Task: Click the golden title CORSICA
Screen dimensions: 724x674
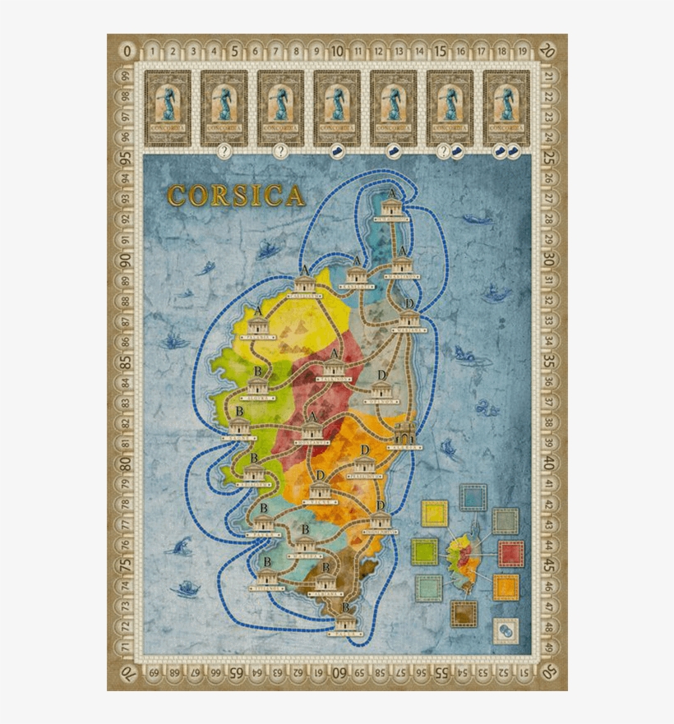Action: (236, 195)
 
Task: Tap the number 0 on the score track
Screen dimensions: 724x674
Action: (126, 51)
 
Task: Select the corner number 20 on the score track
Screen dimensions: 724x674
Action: (549, 51)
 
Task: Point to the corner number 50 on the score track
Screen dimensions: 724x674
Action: (549, 671)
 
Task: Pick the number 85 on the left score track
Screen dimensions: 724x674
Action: (126, 361)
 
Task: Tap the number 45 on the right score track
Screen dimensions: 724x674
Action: (549, 566)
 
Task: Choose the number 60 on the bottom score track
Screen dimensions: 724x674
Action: (337, 671)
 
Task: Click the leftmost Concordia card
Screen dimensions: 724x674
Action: (168, 107)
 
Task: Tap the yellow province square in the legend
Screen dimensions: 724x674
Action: (433, 514)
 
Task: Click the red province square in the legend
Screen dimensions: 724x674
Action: (510, 553)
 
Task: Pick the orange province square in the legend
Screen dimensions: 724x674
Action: (505, 588)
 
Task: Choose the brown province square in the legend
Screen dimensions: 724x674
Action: (464, 612)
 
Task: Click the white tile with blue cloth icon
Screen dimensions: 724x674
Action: (505, 630)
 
